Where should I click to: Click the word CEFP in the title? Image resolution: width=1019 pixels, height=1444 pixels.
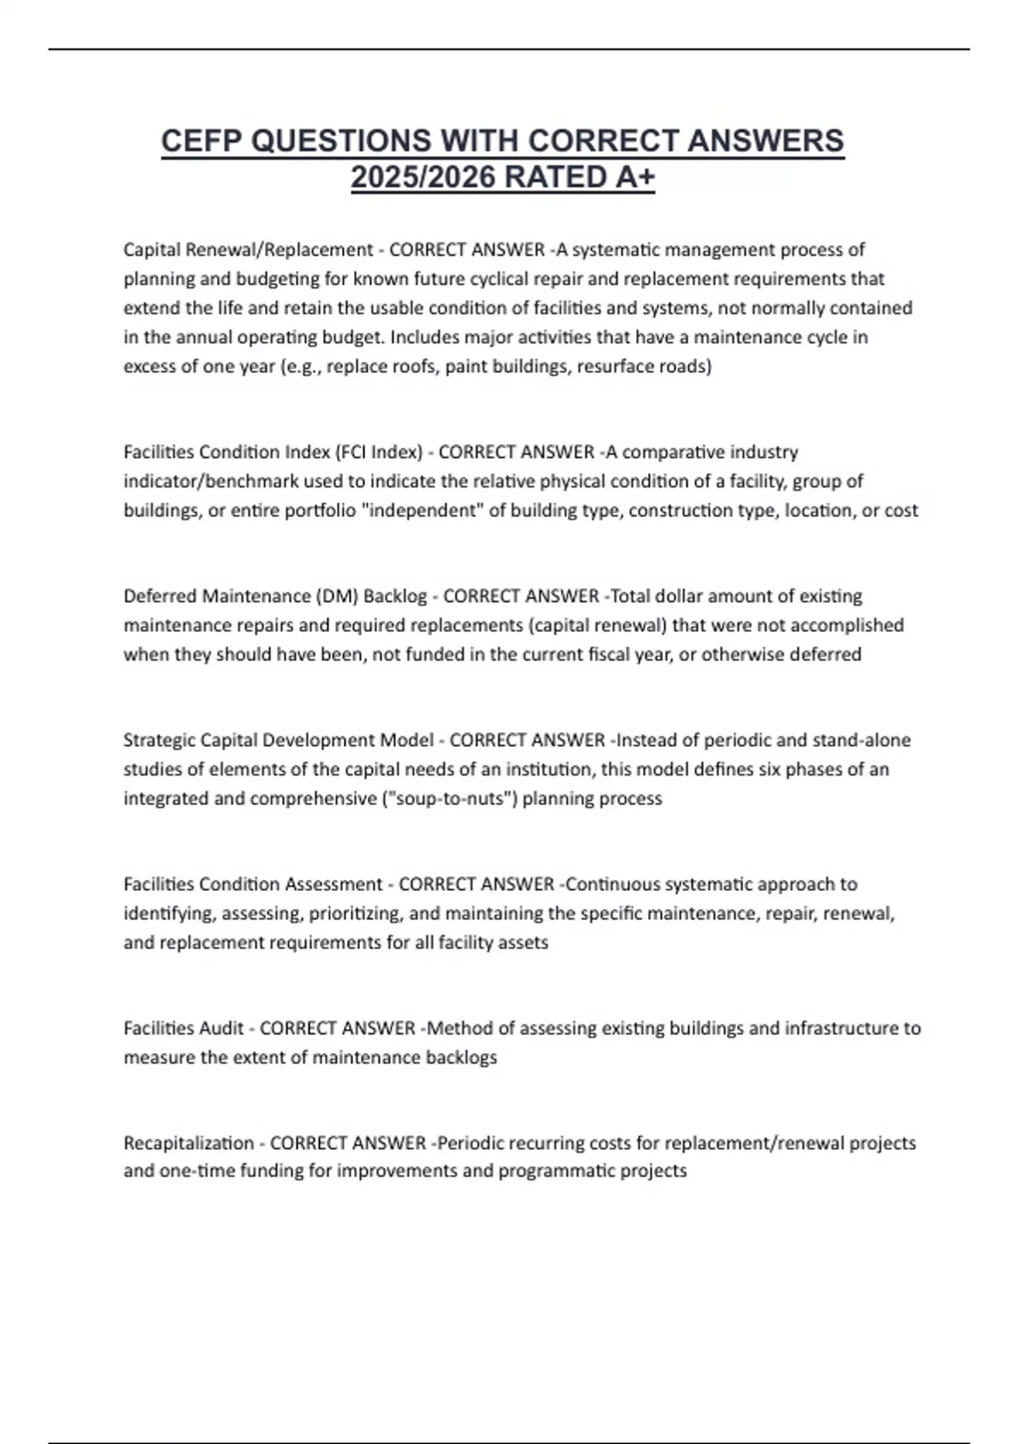tap(202, 141)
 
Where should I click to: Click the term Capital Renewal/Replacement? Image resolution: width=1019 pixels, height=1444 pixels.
tap(248, 250)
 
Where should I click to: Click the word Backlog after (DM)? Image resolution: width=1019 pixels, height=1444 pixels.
tap(395, 596)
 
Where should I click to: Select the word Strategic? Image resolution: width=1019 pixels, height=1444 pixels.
tap(160, 740)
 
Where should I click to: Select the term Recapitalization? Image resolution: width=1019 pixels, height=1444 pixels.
tap(189, 1143)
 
